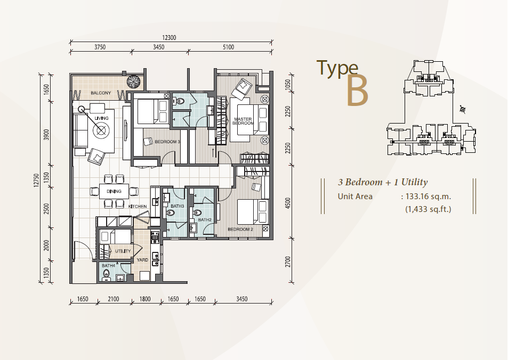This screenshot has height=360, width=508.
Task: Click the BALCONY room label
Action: point(101,93)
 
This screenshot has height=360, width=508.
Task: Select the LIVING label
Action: point(101,118)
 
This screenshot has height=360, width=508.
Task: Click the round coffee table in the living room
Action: point(101,130)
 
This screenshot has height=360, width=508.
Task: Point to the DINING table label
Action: point(114,191)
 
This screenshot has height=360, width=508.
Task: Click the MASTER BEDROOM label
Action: point(244,121)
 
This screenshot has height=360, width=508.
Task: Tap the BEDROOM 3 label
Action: point(167,142)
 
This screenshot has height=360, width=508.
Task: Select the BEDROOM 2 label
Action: point(240,229)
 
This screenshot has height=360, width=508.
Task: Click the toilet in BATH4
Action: point(106,276)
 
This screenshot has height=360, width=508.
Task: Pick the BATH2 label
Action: point(205,220)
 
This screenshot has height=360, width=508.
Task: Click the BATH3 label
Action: point(177,206)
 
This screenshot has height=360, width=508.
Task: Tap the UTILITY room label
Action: point(123,251)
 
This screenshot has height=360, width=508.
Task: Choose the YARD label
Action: point(142,260)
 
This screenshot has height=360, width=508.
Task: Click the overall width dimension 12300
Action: point(169,38)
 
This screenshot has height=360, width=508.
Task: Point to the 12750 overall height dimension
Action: point(36,180)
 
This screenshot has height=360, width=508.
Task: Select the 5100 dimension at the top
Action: point(228,47)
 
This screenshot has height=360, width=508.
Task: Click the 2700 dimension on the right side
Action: point(288,261)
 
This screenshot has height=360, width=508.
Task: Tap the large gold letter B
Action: point(357,91)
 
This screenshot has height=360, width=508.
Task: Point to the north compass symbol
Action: point(463,109)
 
